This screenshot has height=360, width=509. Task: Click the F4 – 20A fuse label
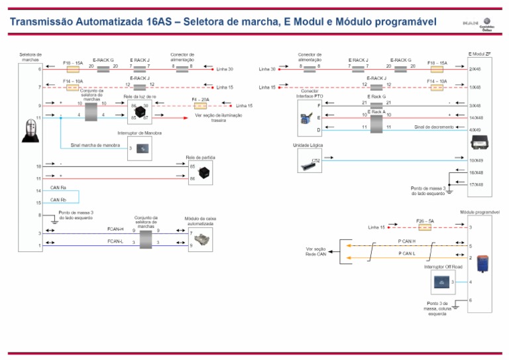(x=199, y=99)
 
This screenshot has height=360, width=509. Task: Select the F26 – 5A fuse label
(x=425, y=220)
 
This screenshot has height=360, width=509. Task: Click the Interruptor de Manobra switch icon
(x=142, y=148)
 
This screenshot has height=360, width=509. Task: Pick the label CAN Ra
(x=58, y=188)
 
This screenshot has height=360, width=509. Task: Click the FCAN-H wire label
(x=115, y=229)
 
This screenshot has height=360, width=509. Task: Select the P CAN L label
(x=407, y=253)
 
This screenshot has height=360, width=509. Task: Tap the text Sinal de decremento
(x=434, y=127)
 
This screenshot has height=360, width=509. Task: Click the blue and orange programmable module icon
(x=484, y=261)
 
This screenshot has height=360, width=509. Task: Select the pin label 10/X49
(x=476, y=160)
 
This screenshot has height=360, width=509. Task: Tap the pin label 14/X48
(x=476, y=117)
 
